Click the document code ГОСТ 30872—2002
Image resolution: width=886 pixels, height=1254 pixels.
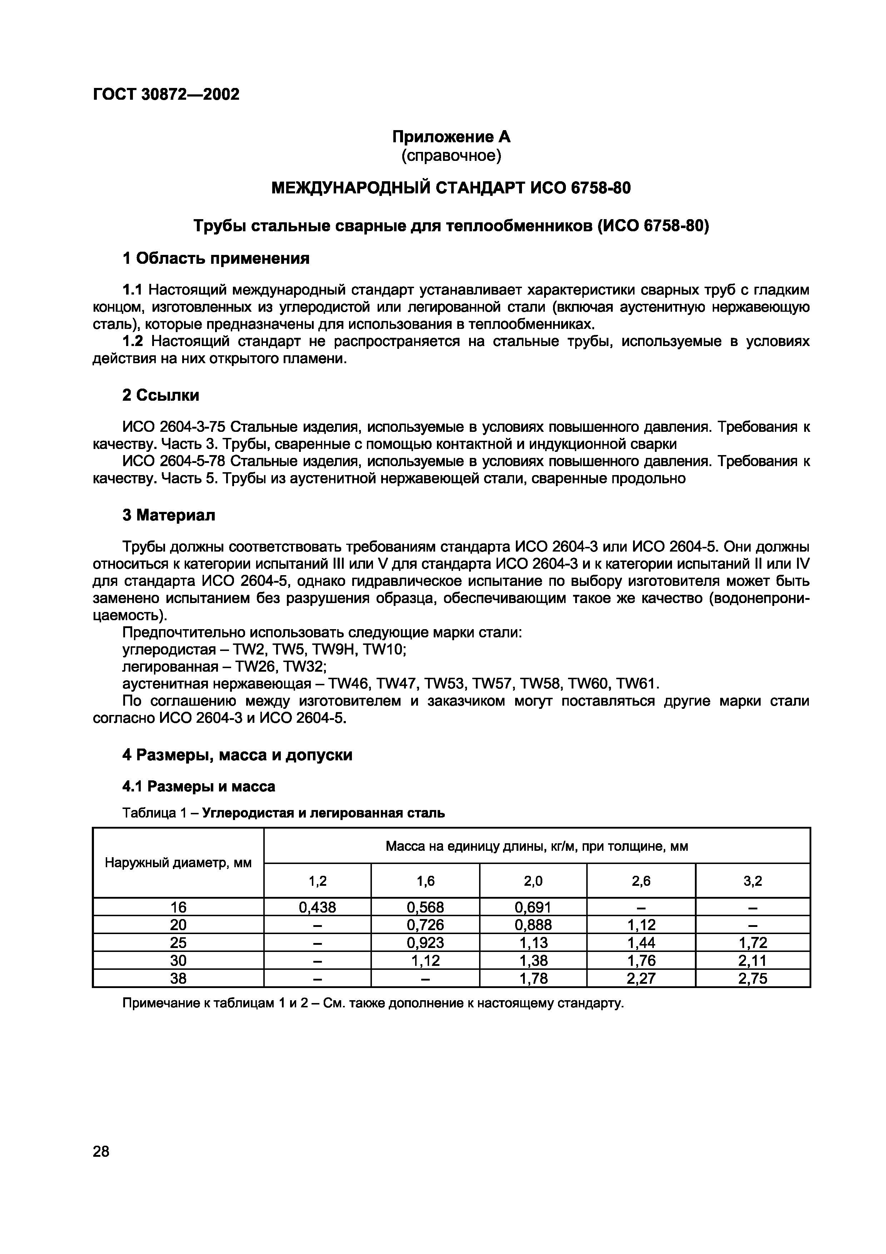pos(166,94)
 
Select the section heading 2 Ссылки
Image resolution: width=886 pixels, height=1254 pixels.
pos(160,395)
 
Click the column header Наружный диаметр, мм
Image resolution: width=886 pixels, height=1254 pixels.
pos(178,863)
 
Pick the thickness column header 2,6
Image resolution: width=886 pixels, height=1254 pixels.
pos(641,880)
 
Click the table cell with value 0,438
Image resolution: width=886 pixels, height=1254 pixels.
pos(317,907)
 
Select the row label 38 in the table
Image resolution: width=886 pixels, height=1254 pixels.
pos(178,978)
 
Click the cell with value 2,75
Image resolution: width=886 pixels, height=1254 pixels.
pos(752,978)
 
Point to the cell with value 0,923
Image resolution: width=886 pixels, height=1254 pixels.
pos(425,943)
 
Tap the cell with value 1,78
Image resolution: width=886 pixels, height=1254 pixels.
pos(533,978)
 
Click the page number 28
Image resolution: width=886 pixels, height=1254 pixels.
pos(101,1151)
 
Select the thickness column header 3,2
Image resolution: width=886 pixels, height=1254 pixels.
pos(752,880)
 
